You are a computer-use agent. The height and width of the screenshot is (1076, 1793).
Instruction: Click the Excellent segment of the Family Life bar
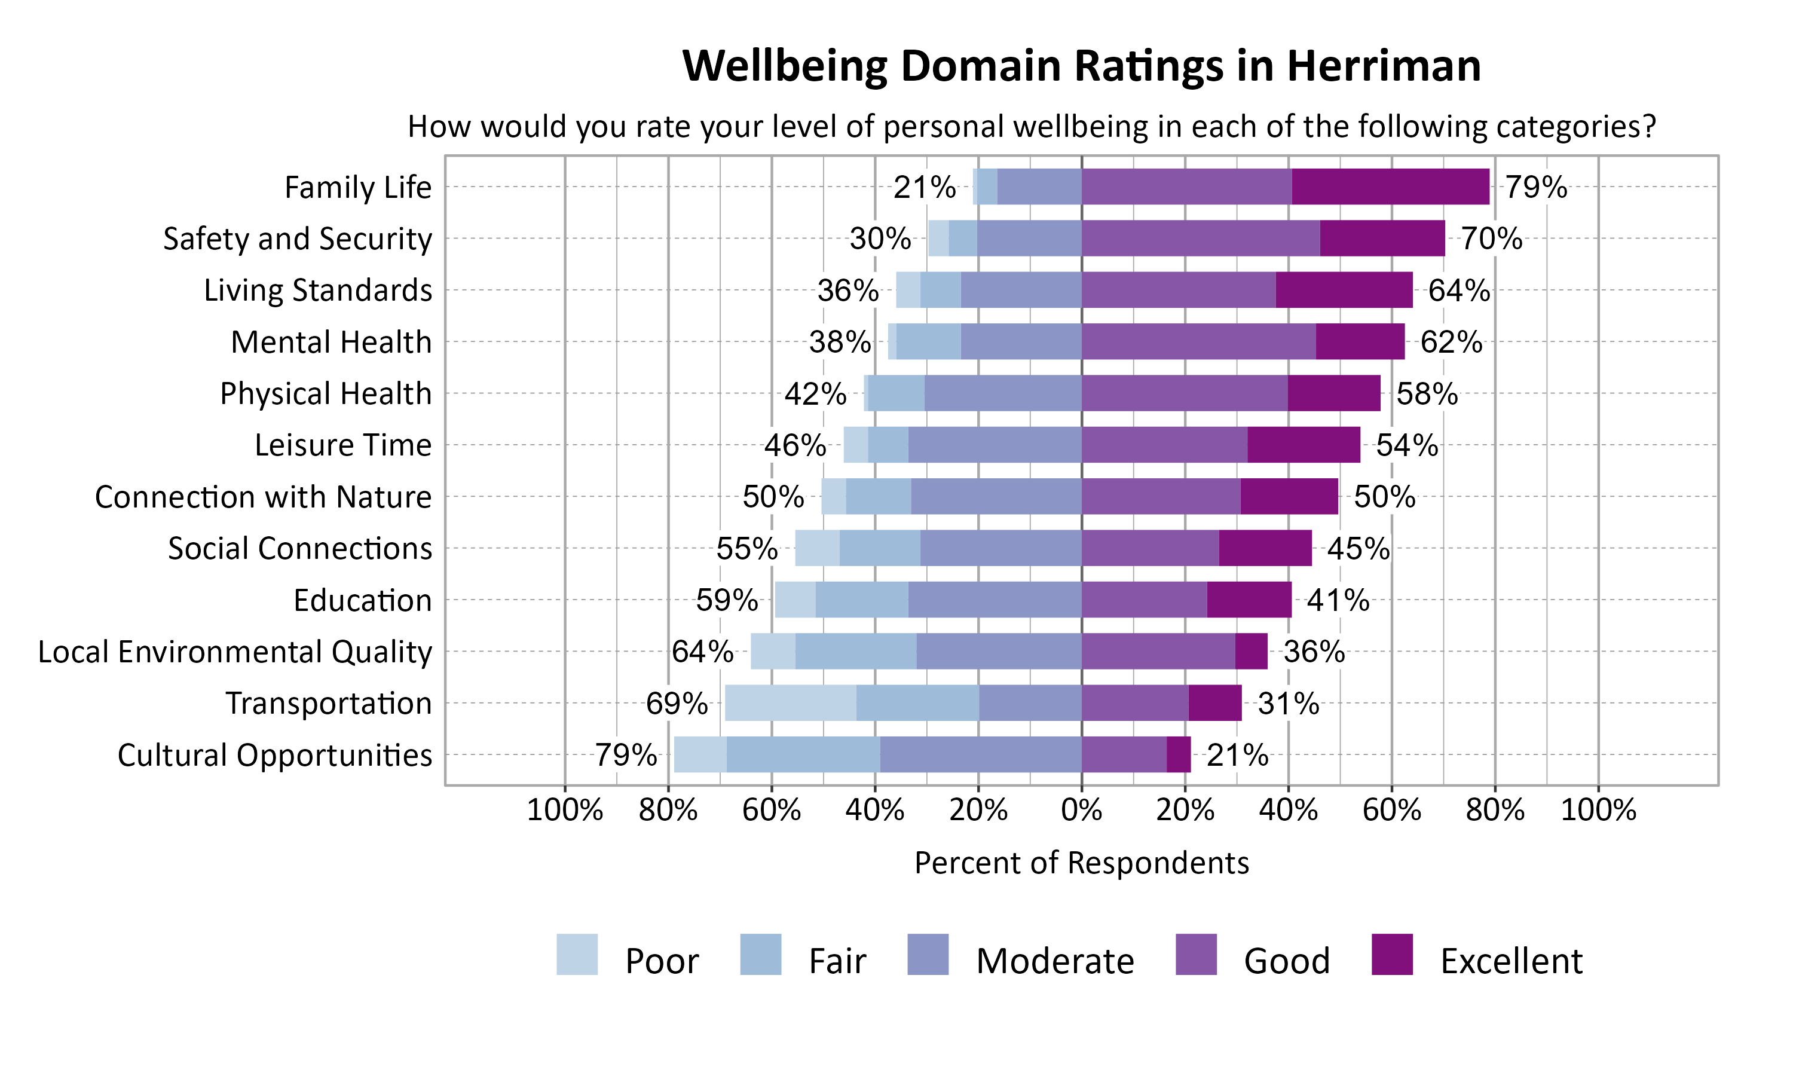click(1390, 187)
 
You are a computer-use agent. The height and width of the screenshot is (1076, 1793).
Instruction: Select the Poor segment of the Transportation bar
click(790, 702)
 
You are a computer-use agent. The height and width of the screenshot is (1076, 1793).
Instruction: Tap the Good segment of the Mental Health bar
click(1198, 341)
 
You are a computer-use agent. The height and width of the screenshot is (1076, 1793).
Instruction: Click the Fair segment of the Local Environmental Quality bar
click(855, 651)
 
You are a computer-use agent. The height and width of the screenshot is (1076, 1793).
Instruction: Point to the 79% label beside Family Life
click(1536, 187)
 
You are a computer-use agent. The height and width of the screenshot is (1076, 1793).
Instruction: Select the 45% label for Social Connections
click(1357, 549)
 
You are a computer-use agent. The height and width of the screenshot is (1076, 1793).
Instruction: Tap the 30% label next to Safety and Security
click(880, 239)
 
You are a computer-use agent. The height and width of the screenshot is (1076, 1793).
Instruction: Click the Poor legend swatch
click(577, 954)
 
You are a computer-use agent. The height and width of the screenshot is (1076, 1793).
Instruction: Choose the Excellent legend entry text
click(1510, 961)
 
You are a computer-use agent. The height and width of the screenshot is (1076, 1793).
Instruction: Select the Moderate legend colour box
click(927, 954)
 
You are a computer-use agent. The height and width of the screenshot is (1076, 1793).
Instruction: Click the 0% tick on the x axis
click(1081, 810)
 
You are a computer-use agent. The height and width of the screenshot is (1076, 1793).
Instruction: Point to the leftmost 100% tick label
click(565, 810)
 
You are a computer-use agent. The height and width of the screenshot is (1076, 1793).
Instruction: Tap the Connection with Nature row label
click(263, 497)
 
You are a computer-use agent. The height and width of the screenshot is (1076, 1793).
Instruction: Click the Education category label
click(362, 600)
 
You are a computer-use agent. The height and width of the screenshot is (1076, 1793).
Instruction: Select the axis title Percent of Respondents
click(1081, 863)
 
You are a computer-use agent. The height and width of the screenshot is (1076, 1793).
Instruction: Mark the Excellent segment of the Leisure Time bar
click(1303, 445)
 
